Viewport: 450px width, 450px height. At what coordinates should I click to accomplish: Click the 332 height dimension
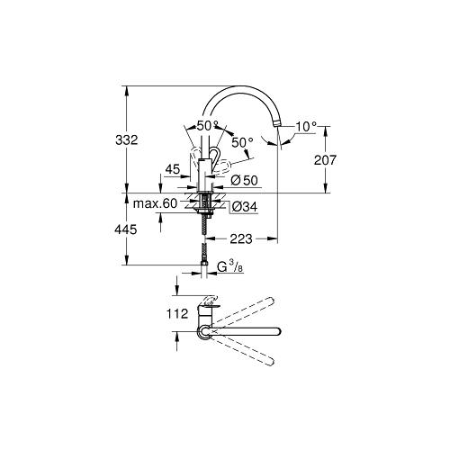tap(127, 140)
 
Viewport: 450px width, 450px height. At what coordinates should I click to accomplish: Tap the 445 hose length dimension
tap(126, 229)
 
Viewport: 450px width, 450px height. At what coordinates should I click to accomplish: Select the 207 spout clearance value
tap(325, 160)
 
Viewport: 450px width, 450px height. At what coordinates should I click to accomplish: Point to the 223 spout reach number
tap(241, 238)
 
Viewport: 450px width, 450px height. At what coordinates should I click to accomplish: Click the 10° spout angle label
tap(306, 127)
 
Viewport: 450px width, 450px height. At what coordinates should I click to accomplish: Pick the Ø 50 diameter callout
tap(245, 180)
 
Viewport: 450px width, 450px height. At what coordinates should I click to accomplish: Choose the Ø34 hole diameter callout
tap(245, 207)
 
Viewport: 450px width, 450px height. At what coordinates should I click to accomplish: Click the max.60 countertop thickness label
tap(156, 204)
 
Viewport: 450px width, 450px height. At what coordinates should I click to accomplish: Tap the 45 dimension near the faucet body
tap(173, 169)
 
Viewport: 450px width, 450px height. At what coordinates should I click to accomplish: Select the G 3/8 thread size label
tap(229, 266)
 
